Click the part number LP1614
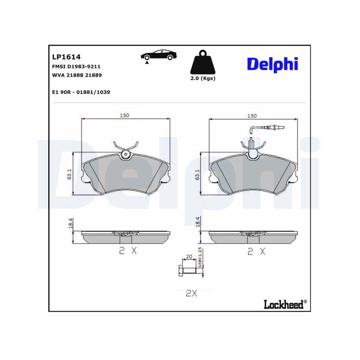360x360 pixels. (x=66, y=57)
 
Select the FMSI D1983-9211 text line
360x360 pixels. (x=76, y=67)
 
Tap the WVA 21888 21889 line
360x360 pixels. (x=77, y=75)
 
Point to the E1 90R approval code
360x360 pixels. (x=81, y=92)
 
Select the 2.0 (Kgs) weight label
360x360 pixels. (x=202, y=78)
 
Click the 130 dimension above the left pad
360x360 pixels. (x=125, y=116)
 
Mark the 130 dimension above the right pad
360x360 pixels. (x=252, y=116)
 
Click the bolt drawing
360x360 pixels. (x=190, y=270)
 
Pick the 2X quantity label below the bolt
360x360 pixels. (x=192, y=293)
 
